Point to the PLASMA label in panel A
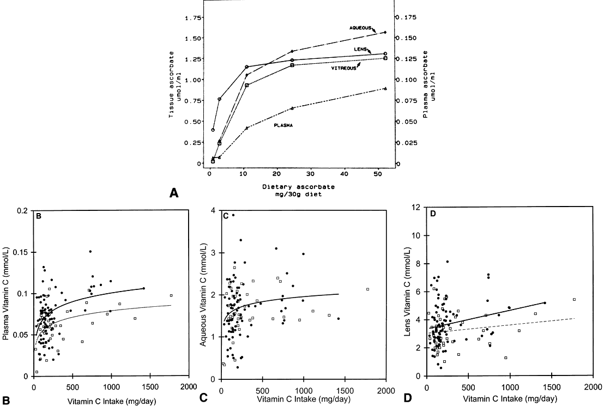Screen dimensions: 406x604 (x=283, y=125)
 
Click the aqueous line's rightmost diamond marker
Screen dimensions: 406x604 (x=385, y=33)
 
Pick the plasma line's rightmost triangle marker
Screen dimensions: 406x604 (x=385, y=88)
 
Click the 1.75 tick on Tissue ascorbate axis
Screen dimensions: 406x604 (x=192, y=17)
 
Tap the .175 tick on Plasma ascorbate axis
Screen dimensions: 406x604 (x=406, y=17)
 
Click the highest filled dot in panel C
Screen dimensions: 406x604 (x=233, y=215)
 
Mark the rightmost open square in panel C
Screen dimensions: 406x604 (x=367, y=289)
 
